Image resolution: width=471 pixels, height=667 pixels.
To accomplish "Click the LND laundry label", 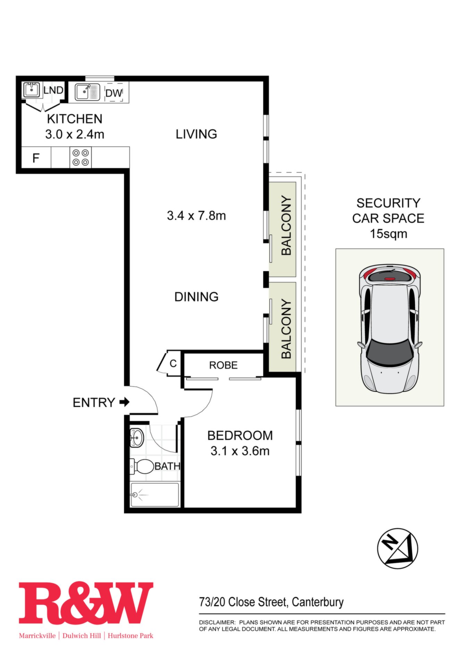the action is (x=53, y=90).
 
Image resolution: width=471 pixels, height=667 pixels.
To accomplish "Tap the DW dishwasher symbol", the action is (x=114, y=92).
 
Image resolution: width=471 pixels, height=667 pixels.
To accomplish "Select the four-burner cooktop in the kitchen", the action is (x=81, y=158).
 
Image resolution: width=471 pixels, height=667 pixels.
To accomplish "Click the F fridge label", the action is (x=36, y=158).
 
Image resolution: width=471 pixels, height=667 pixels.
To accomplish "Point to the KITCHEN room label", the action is (x=75, y=119).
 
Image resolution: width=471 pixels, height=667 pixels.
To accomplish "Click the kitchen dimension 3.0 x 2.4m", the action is (x=75, y=134).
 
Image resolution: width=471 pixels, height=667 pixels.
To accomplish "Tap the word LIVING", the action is (x=196, y=134).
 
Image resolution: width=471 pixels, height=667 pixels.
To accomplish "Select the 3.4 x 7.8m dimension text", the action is (x=196, y=215).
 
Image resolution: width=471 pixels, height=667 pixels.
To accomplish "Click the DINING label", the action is (x=196, y=297).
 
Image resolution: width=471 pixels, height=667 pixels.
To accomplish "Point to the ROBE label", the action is (x=223, y=365).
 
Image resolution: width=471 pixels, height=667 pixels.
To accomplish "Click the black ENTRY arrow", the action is (x=124, y=402).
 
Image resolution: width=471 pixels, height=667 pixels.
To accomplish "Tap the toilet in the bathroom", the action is (x=142, y=467).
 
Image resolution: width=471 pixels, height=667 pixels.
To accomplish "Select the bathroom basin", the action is (x=136, y=438).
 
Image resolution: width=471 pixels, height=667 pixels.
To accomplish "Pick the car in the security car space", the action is (x=390, y=329).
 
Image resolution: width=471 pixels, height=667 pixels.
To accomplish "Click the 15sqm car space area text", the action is (x=388, y=234).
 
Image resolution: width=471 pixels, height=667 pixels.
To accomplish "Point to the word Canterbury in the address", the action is (x=318, y=602).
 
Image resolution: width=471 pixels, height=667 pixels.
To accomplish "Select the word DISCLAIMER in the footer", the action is (x=217, y=622).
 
